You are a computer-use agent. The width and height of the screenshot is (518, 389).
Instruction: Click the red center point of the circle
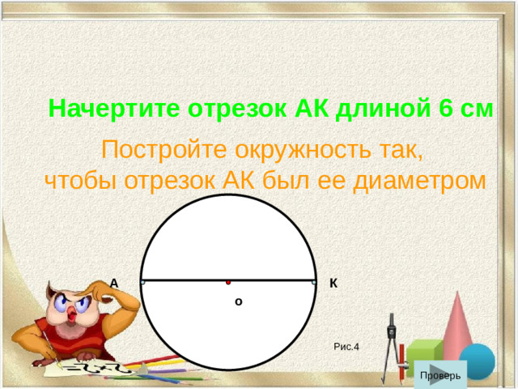[x=229, y=282]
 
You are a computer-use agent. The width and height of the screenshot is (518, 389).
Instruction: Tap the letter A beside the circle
[x=114, y=283]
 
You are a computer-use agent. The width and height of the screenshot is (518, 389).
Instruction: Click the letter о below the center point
[x=238, y=301]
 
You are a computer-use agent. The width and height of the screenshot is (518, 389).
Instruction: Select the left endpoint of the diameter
[x=142, y=282]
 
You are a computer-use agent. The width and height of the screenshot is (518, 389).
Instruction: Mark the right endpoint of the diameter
[x=314, y=282]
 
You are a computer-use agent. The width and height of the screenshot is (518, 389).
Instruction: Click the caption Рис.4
[x=346, y=347]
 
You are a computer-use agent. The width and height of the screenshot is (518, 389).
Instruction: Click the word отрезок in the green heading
[x=236, y=108]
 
